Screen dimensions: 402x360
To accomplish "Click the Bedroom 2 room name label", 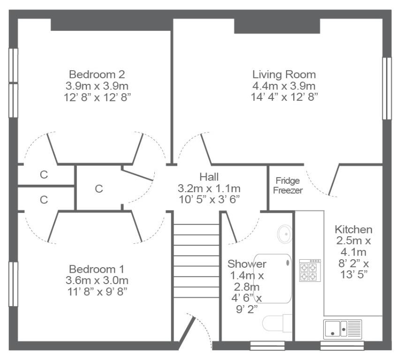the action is tap(97, 75).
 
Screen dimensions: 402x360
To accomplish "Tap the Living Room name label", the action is tap(284, 75).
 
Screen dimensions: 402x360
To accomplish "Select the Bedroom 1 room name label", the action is tap(97, 269).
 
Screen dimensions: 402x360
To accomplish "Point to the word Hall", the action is tap(209, 177).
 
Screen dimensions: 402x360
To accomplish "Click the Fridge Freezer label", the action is tap(288, 186).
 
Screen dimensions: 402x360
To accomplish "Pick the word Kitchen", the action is tap(354, 229).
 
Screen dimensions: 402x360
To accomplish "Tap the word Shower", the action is tap(247, 264).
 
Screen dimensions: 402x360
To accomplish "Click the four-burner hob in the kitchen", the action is tap(310, 270).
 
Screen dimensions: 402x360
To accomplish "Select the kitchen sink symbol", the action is tap(342, 329).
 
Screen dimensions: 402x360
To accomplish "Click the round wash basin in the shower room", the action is tap(285, 234).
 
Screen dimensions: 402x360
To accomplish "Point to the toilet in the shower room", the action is tap(277, 323).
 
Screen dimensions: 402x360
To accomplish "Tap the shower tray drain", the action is tap(288, 262).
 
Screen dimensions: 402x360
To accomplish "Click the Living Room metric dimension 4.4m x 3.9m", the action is tap(284, 86).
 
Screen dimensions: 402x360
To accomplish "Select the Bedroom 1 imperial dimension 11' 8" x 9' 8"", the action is tap(97, 292).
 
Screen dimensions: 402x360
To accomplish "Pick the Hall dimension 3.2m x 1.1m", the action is tap(209, 188).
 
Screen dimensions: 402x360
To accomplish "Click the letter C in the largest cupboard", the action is tap(99, 189).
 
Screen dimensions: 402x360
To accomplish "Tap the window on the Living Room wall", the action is tap(387, 89).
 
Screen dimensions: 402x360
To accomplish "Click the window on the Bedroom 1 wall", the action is tap(13, 284).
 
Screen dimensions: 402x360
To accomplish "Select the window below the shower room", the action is tap(267, 345).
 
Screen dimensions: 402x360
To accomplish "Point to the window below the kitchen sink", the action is tap(342, 345).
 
